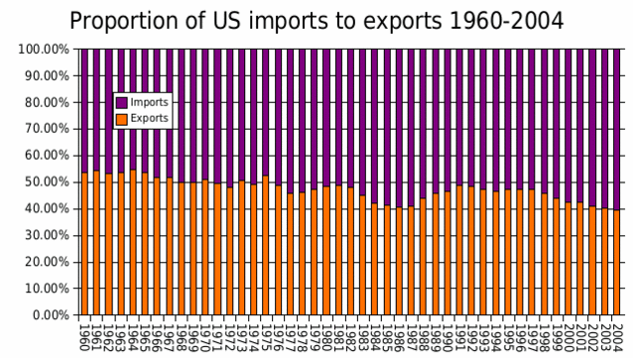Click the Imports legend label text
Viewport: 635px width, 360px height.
[x=149, y=102]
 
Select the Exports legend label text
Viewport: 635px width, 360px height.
[x=149, y=118]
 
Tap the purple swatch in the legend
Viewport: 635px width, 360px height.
[x=122, y=102]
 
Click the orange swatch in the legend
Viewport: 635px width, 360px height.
[x=122, y=118]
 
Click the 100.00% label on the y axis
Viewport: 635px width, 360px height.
[x=41, y=49]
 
